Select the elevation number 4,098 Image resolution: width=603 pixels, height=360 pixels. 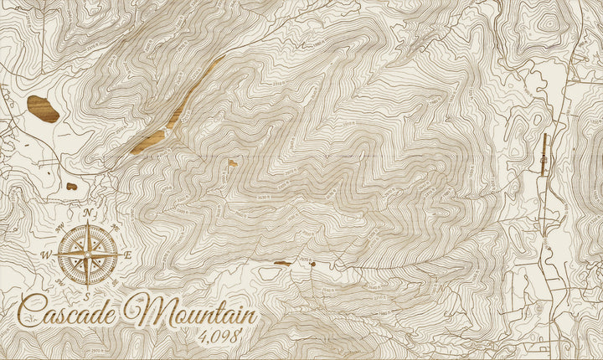(219, 338)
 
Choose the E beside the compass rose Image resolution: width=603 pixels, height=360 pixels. (127, 255)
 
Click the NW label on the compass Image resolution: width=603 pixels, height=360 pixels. (60, 226)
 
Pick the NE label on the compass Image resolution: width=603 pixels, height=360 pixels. (114, 227)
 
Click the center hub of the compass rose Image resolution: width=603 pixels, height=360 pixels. (87, 254)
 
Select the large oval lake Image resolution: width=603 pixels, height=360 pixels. (43, 108)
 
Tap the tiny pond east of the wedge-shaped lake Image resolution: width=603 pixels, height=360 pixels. (232, 162)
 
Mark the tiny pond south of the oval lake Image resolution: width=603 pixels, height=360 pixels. (72, 186)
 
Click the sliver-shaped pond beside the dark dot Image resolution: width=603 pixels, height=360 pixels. (283, 263)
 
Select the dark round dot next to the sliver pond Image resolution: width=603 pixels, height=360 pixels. (313, 264)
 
